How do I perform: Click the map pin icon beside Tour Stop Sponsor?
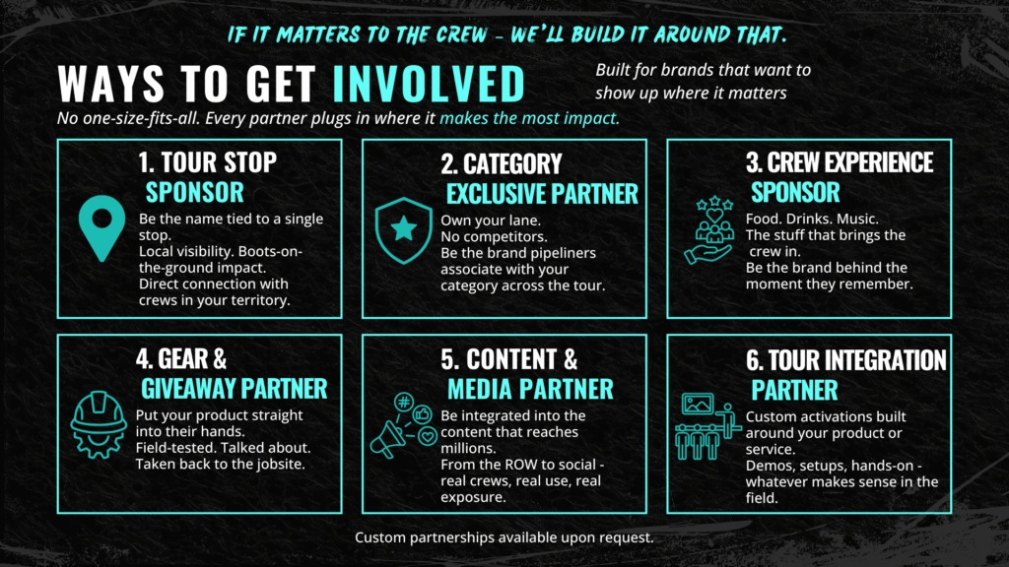[101, 225]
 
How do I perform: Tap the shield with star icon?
[403, 230]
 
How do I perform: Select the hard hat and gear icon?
[99, 424]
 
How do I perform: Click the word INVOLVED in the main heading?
[429, 84]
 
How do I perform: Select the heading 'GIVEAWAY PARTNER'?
[235, 389]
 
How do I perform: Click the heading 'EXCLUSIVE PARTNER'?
[542, 194]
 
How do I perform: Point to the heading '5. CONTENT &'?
[509, 359]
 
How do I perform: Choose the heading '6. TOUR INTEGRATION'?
[846, 360]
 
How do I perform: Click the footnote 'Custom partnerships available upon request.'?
[504, 537]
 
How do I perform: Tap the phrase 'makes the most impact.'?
[529, 118]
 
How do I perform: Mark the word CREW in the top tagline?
[461, 34]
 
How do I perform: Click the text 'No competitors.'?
[494, 236]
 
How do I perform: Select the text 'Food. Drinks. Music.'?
[812, 220]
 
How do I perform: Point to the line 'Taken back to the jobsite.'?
[220, 465]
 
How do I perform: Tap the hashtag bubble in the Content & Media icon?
[403, 403]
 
